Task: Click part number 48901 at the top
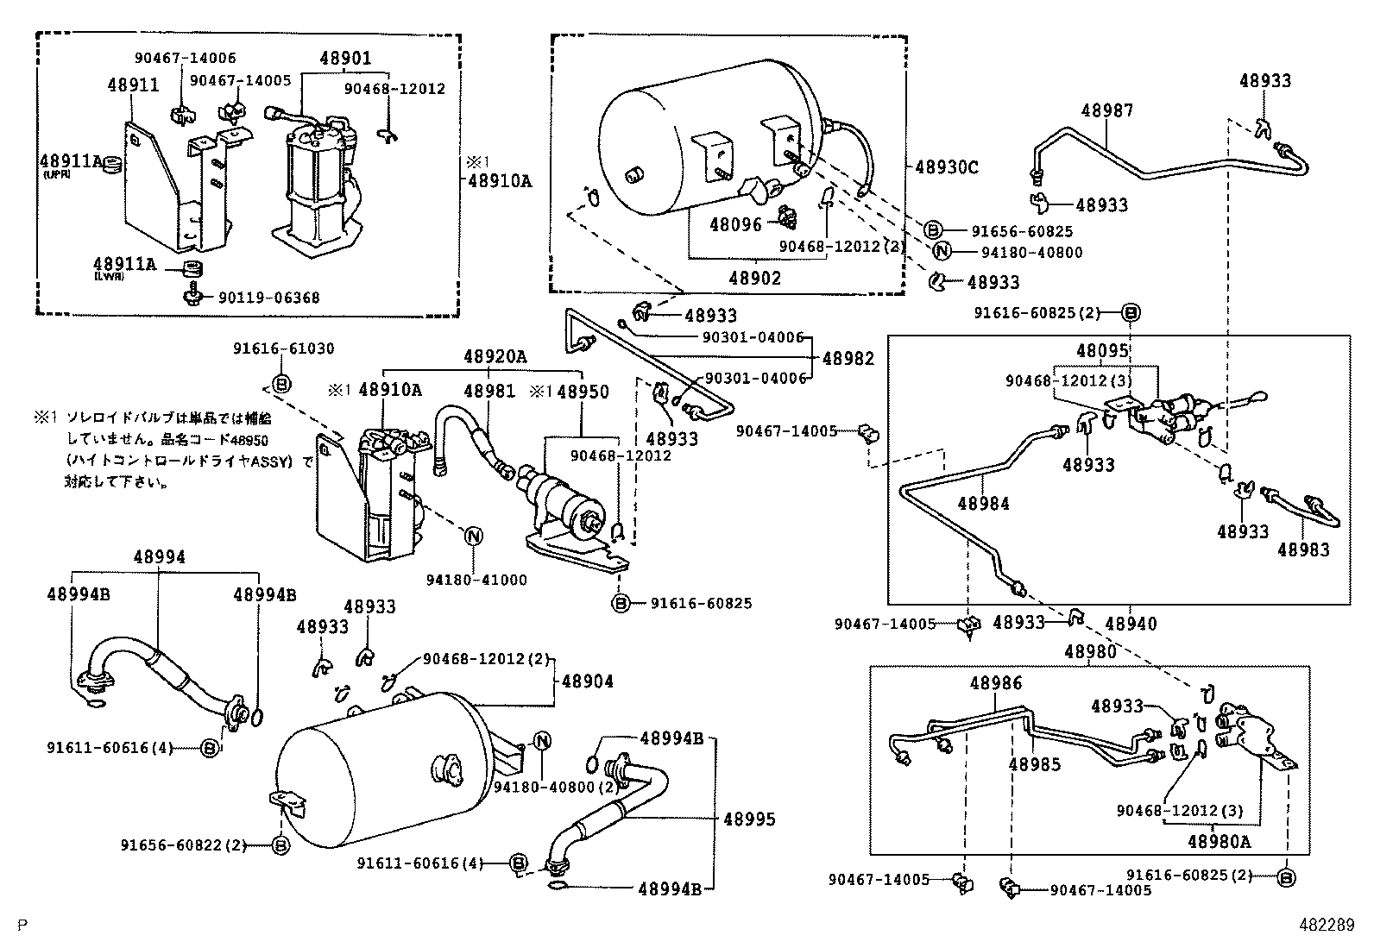346,59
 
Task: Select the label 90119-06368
268,298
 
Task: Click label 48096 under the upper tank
736,224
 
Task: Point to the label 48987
1107,110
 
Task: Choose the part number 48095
1102,351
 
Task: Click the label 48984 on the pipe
983,503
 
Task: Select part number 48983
1303,549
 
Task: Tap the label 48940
1131,623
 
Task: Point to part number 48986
995,683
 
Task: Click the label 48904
588,681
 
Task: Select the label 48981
489,392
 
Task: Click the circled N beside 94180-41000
473,536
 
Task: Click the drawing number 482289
1327,925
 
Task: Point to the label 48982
848,358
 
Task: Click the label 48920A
495,357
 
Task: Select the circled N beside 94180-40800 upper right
942,252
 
